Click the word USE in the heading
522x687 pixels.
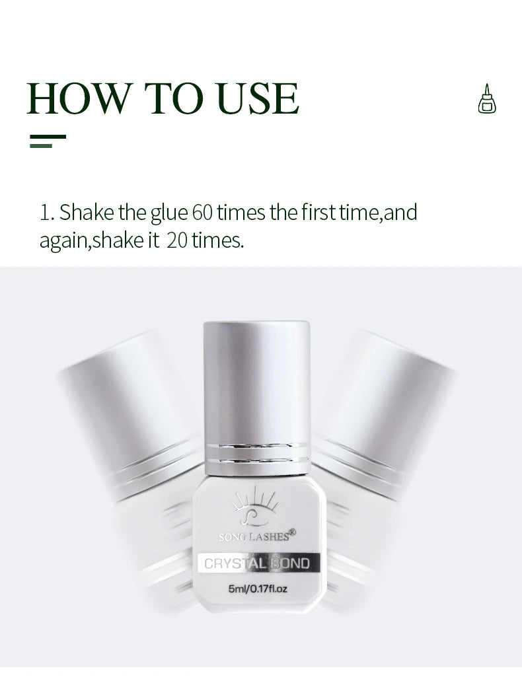pos(258,98)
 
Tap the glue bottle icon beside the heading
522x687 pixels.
pos(486,99)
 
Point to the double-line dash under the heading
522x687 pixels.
pos(48,141)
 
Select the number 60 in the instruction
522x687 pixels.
pos(202,213)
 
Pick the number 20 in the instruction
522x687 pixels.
pos(177,240)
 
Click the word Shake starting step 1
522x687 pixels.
pos(87,212)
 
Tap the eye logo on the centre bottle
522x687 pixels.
pos(254,507)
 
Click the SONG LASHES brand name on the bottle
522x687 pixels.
pos(254,536)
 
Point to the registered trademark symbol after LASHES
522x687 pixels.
pos(293,532)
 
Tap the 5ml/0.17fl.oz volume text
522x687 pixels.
pos(258,589)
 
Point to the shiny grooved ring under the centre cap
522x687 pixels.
pos(257,453)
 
